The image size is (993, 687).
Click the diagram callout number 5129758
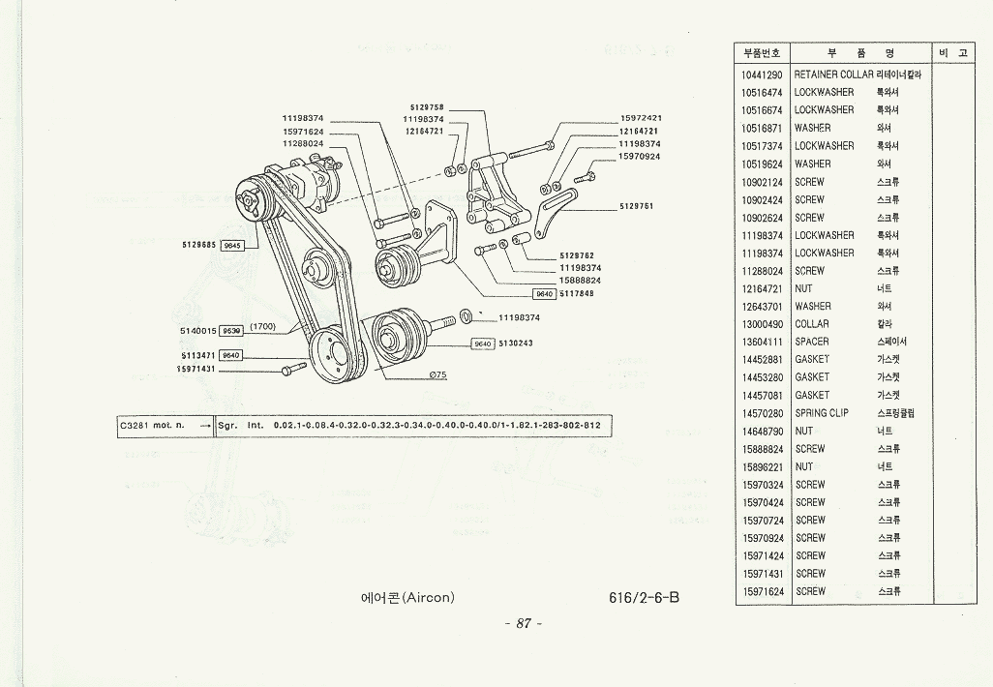427,107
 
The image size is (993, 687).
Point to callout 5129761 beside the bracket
637,206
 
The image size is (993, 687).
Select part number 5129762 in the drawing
577,256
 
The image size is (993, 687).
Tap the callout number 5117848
577,294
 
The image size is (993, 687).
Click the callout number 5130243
516,343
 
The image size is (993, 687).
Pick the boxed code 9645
233,246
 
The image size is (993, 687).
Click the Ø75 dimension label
437,375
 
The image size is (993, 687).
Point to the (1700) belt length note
263,327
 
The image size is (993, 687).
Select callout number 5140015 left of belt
197,331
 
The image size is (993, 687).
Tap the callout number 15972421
640,119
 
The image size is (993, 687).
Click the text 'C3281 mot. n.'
152,425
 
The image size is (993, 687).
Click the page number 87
524,624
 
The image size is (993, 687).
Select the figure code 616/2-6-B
645,597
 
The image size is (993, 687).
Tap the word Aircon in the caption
427,597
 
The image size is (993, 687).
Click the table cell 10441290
763,75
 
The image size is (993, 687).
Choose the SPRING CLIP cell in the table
822,413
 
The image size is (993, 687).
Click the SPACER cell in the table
812,342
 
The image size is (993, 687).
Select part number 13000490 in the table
763,324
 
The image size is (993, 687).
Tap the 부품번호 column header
763,53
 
